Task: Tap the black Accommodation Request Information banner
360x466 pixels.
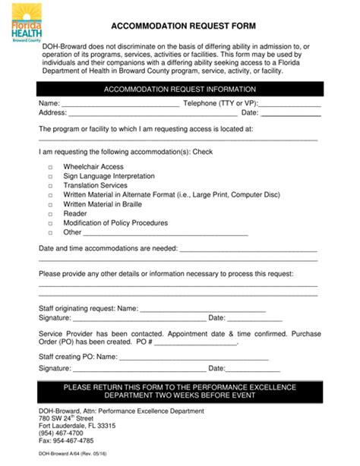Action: click(x=179, y=90)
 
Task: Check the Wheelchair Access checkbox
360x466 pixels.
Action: click(x=51, y=168)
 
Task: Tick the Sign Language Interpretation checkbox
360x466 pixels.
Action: click(x=51, y=177)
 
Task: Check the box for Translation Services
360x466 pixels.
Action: click(x=51, y=186)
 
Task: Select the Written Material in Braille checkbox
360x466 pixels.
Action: click(x=51, y=205)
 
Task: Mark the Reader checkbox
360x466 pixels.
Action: click(x=51, y=214)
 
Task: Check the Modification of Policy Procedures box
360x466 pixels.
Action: click(x=51, y=224)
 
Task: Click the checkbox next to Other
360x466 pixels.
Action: click(x=51, y=233)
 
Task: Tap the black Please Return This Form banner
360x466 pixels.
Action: click(x=179, y=392)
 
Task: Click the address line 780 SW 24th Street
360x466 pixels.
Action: click(x=66, y=419)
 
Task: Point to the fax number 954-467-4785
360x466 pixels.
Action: click(x=66, y=441)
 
